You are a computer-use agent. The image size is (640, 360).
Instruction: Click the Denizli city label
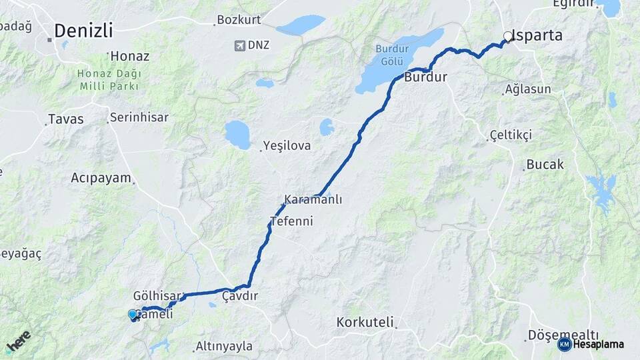click(83, 31)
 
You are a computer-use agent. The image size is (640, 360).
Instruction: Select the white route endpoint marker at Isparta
click(508, 37)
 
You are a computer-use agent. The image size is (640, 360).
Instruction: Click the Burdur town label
click(425, 77)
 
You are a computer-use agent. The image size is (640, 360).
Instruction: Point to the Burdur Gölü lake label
click(391, 53)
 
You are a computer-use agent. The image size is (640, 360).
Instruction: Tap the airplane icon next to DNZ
click(239, 45)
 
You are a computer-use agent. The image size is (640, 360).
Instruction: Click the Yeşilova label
click(287, 145)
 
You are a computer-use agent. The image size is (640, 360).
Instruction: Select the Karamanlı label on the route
click(313, 199)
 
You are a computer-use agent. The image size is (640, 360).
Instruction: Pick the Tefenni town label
click(291, 221)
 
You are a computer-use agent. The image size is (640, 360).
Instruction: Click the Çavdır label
click(240, 295)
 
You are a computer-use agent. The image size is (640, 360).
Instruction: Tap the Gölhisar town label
click(157, 295)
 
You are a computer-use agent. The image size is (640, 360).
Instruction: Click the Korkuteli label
click(365, 322)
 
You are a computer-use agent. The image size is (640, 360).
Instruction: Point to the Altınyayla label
click(224, 347)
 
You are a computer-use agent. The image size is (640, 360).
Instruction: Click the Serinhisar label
click(139, 117)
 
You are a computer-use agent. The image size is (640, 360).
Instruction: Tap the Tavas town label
click(65, 119)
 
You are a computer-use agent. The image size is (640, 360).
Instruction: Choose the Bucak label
click(545, 164)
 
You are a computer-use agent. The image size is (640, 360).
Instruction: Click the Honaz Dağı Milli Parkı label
click(109, 80)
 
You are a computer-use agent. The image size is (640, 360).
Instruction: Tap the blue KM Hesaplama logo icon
click(565, 344)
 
